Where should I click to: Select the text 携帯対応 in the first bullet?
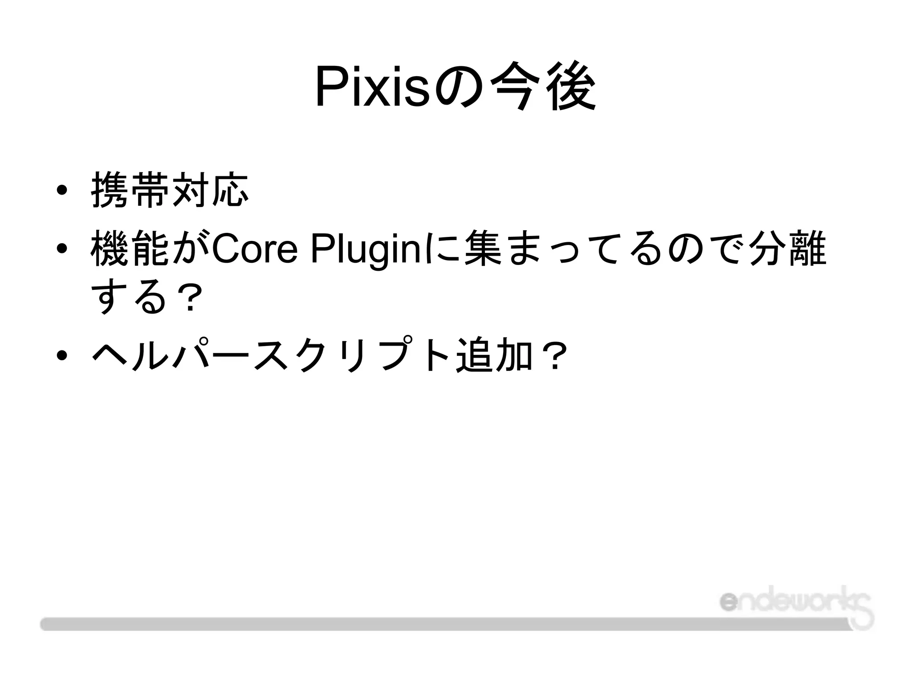click(x=169, y=191)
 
